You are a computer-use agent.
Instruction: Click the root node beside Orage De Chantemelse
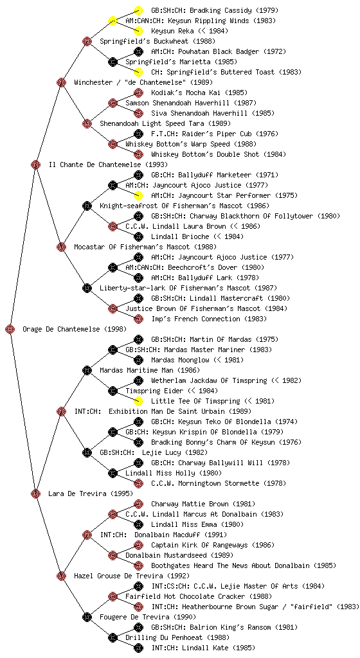pyautogui.click(x=10, y=329)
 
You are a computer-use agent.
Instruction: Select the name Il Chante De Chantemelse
pyautogui.click(x=95, y=164)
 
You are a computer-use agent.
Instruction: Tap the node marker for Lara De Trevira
pyautogui.click(x=35, y=493)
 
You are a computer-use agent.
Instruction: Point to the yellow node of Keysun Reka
pyautogui.click(x=138, y=31)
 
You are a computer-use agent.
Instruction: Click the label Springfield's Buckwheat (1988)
pyautogui.click(x=157, y=41)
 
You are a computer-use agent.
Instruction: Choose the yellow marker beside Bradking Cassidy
pyautogui.click(x=138, y=10)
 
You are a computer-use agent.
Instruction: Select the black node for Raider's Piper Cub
pyautogui.click(x=138, y=134)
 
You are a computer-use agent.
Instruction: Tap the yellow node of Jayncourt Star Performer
pyautogui.click(x=138, y=195)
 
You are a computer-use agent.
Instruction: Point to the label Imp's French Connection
pyautogui.click(x=195, y=319)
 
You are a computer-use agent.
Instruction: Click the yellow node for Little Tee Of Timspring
pyautogui.click(x=138, y=401)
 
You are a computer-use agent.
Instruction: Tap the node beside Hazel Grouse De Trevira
pyautogui.click(x=61, y=576)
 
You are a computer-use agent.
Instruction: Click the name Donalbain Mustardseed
pyautogui.click(x=165, y=555)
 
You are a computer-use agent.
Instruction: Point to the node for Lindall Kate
pyautogui.click(x=138, y=648)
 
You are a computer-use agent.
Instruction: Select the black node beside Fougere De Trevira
pyautogui.click(x=87, y=617)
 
